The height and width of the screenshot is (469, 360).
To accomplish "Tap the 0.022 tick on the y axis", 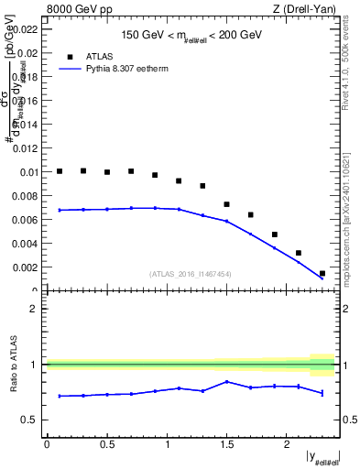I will point(27,29).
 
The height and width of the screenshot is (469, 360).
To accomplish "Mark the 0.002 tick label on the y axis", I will point(27,267).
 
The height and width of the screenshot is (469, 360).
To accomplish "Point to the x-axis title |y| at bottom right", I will point(322,457).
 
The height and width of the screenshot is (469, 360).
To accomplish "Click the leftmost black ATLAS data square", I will point(60,171).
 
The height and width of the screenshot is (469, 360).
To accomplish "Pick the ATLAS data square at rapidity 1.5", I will point(227,204).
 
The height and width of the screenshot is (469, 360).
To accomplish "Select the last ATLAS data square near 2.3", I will point(322,273).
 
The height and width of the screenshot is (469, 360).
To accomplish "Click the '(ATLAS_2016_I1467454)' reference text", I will point(191,274).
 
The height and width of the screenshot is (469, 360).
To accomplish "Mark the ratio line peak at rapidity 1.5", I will point(227,382).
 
